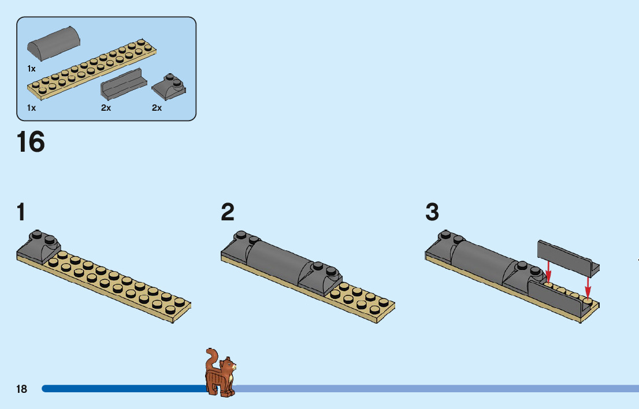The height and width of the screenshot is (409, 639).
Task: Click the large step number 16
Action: pos(31,142)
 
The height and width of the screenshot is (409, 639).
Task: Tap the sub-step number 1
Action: pos(21,213)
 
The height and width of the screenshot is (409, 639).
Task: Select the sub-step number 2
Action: pos(228,213)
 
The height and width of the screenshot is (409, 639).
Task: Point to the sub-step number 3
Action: pos(432,213)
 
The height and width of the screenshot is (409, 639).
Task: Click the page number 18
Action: pos(21,389)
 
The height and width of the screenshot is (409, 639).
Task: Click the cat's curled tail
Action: pos(211,357)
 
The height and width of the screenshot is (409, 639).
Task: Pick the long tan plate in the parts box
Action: pos(92,69)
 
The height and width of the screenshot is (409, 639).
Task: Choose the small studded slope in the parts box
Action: pos(169,87)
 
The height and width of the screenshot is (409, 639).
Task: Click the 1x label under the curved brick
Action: pos(31,69)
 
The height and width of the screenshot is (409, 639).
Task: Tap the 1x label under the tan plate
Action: pos(31,108)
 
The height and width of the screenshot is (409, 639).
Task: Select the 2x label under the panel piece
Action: pos(106,108)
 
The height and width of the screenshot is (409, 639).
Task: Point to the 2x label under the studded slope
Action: pos(157,108)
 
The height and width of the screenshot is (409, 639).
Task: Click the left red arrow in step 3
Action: pos(548,271)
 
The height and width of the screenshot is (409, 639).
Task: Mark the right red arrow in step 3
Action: pos(588,286)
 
